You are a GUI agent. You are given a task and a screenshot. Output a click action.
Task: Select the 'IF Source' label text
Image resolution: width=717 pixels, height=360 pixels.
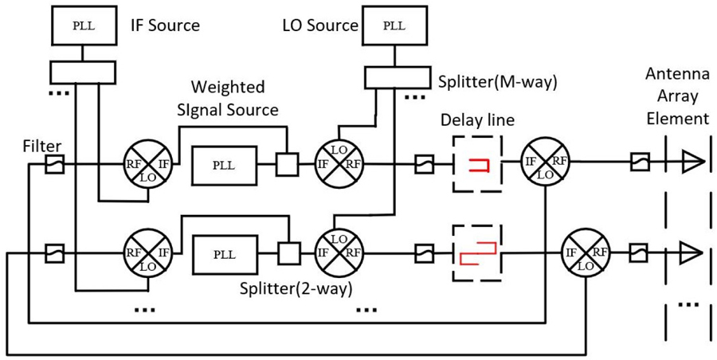click(x=164, y=25)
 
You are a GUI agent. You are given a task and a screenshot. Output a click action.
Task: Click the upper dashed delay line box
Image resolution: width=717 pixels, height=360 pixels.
click(x=477, y=165)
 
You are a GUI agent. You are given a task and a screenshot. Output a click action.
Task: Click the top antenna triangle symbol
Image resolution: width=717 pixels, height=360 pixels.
click(x=693, y=164)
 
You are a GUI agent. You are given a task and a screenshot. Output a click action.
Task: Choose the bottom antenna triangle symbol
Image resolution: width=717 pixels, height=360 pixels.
click(x=693, y=252)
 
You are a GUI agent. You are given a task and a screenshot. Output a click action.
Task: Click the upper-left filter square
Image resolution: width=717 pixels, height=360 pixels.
click(x=53, y=165)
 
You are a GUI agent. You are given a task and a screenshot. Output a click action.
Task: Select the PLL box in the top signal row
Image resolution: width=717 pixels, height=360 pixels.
click(x=224, y=166)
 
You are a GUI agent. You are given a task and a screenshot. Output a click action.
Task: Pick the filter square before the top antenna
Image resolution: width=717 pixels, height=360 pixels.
click(x=641, y=164)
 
